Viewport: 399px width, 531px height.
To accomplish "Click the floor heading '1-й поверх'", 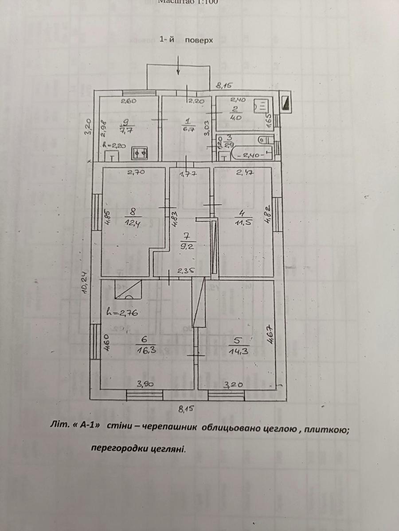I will pos(186,40).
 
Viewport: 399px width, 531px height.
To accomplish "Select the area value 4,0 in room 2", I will pos(235,118).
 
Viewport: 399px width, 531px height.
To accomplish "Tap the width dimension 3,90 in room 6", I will pos(145,384).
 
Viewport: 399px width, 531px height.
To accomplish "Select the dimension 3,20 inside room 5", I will pos(233,385).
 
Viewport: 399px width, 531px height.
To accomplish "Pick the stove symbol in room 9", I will pos(141,153).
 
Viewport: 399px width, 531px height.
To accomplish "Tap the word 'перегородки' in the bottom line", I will pos(116,448).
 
